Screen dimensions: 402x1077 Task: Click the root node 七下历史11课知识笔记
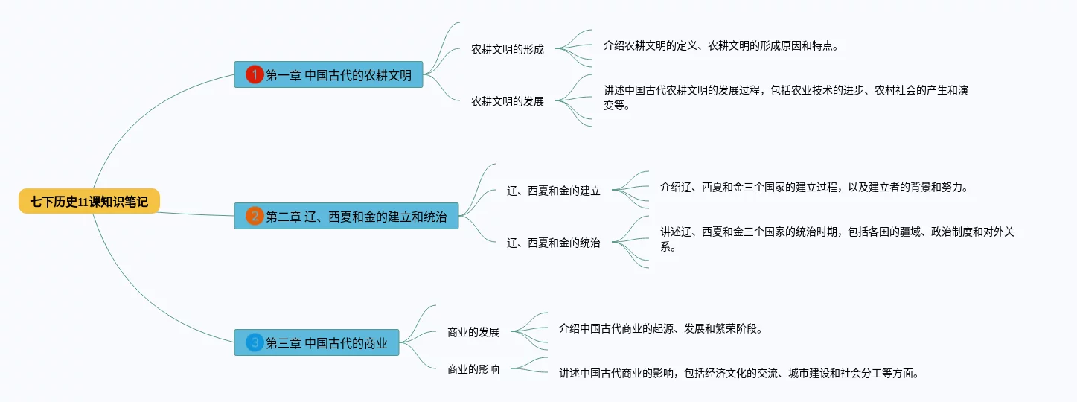[89, 201]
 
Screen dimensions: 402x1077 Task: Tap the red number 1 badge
[255, 74]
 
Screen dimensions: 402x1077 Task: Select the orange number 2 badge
[255, 216]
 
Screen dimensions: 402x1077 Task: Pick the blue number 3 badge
[255, 342]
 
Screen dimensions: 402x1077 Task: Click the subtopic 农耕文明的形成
[507, 50]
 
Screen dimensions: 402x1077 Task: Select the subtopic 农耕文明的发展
[507, 101]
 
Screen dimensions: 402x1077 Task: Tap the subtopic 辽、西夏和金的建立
[553, 191]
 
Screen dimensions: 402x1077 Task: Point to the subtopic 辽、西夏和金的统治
[553, 242]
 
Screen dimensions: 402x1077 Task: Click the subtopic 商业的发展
[473, 332]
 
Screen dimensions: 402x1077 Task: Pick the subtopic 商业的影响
[473, 369]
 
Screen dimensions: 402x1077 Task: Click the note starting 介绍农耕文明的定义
[721, 45]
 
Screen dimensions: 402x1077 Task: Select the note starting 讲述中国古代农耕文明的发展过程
[785, 98]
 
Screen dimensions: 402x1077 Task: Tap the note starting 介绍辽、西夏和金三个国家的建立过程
[813, 187]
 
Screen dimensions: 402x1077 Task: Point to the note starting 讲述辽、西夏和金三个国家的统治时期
[837, 239]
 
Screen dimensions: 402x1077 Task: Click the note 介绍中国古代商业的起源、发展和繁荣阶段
[660, 328]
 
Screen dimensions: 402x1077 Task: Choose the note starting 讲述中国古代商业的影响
[739, 373]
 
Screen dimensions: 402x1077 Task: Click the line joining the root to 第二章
[197, 214]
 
